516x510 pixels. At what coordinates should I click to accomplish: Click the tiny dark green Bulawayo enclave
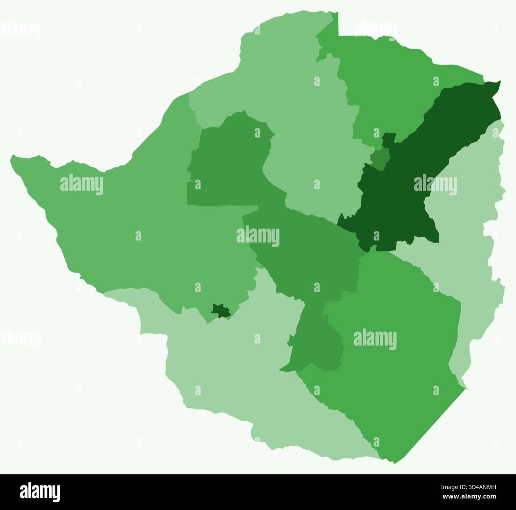pyautogui.click(x=221, y=311)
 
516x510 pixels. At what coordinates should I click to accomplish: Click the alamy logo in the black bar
pyautogui.click(x=40, y=492)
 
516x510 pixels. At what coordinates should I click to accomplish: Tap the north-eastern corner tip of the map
pyautogui.click(x=500, y=82)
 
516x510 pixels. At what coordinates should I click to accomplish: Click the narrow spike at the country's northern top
pyautogui.click(x=338, y=14)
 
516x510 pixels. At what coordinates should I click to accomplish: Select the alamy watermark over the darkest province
pyautogui.click(x=435, y=185)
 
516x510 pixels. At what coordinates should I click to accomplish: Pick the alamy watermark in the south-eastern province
pyautogui.click(x=375, y=339)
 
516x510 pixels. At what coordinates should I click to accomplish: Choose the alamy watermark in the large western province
pyautogui.click(x=82, y=185)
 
